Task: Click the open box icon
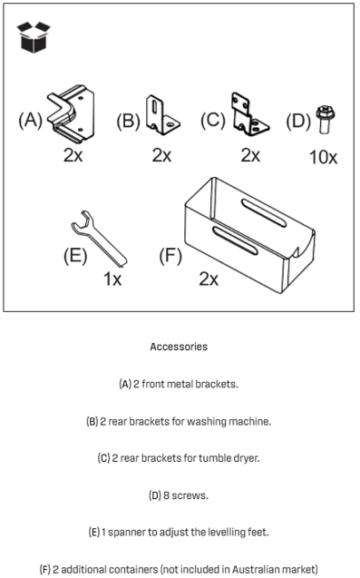tap(34, 37)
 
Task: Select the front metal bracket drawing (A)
tap(71, 113)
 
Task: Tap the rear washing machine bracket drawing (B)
tap(162, 115)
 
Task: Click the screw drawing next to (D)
tap(325, 119)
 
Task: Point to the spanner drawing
tap(99, 238)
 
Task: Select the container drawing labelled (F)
tap(249, 235)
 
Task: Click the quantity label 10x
tap(323, 157)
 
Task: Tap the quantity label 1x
tap(112, 279)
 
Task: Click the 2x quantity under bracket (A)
tap(73, 155)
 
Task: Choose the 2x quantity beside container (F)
tap(209, 279)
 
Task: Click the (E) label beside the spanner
tap(75, 256)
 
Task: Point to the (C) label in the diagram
tap(212, 120)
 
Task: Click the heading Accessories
tap(179, 347)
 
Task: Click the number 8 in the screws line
tap(166, 495)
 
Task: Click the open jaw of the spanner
tap(83, 220)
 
